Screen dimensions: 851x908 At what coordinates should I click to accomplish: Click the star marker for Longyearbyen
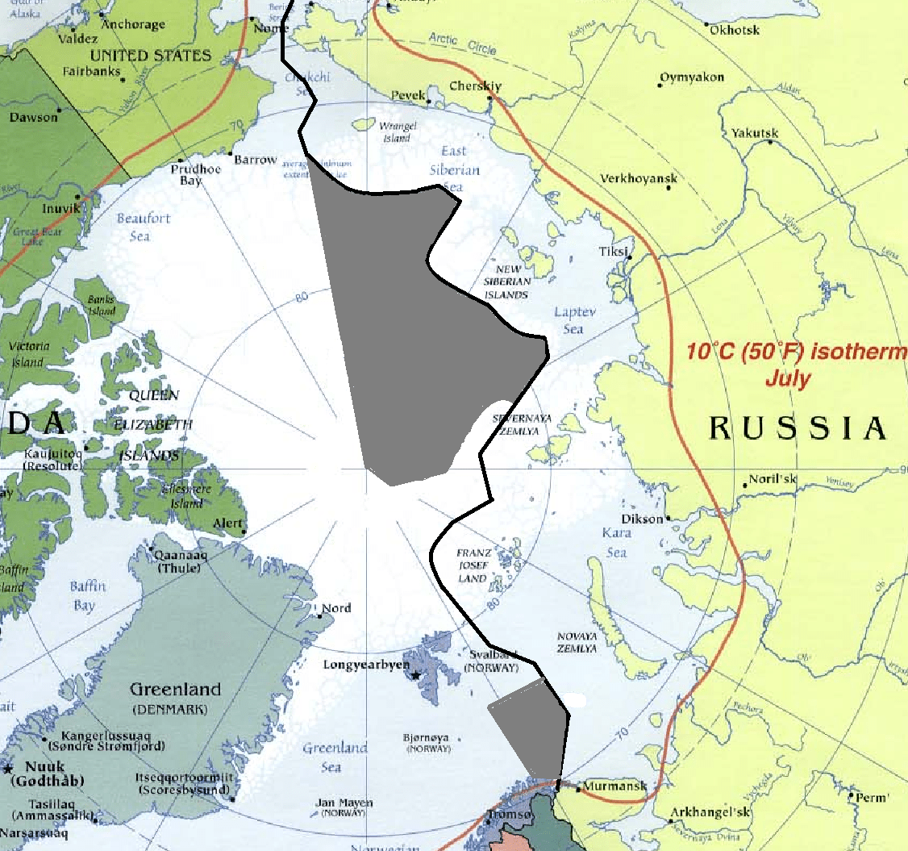pyautogui.click(x=415, y=674)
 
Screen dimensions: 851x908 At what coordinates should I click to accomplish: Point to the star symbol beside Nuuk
pyautogui.click(x=8, y=766)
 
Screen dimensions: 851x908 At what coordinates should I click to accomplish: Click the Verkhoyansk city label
pyautogui.click(x=639, y=178)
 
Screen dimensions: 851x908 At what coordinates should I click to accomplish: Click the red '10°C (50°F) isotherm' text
pyautogui.click(x=795, y=352)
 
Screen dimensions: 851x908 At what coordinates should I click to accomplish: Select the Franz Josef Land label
pyautogui.click(x=473, y=565)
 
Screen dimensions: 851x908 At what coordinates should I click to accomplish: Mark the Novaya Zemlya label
pyautogui.click(x=577, y=642)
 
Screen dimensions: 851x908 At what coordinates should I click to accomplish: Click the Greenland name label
pyautogui.click(x=175, y=690)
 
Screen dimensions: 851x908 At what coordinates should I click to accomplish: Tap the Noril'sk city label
pyautogui.click(x=773, y=479)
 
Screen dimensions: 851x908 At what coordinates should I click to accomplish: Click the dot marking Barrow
pyautogui.click(x=231, y=153)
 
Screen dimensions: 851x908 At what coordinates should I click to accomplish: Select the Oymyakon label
pyautogui.click(x=692, y=77)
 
